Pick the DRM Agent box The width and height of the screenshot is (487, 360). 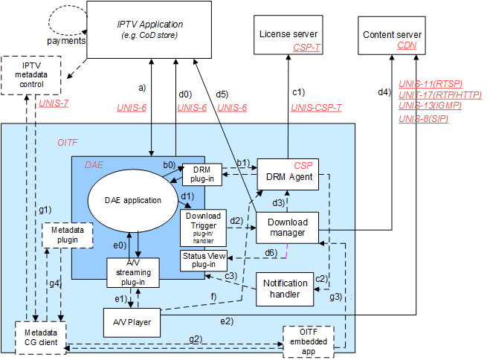click(287, 176)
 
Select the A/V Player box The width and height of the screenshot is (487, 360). click(131, 323)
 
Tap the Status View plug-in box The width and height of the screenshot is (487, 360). click(202, 260)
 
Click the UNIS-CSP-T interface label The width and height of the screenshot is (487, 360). click(316, 108)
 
